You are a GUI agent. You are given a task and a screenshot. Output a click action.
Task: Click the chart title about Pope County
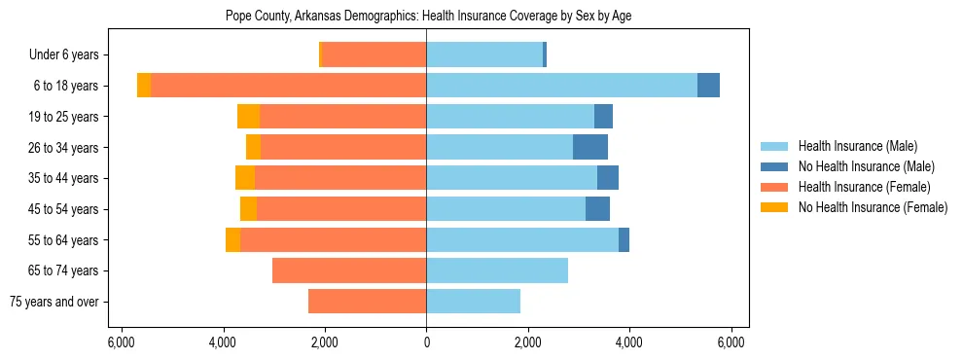pyautogui.click(x=429, y=17)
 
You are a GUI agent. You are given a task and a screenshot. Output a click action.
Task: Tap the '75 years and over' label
pyautogui.click(x=53, y=302)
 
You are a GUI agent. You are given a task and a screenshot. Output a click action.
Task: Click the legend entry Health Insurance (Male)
pyautogui.click(x=851, y=147)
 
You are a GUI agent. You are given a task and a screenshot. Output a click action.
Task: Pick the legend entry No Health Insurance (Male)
pyautogui.click(x=859, y=167)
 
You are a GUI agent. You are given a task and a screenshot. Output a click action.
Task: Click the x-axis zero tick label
pyautogui.click(x=426, y=342)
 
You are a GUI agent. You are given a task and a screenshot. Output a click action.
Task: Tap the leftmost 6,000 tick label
pyautogui.click(x=121, y=342)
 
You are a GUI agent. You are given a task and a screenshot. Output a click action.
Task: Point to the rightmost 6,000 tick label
pyautogui.click(x=731, y=342)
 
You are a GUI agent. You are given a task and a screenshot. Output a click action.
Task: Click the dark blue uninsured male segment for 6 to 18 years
pyautogui.click(x=708, y=86)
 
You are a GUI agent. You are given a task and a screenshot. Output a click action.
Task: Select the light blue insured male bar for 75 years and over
pyautogui.click(x=473, y=302)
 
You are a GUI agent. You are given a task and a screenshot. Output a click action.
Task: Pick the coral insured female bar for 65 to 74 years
pyautogui.click(x=349, y=270)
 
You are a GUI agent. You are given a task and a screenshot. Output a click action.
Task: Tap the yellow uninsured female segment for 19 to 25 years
pyautogui.click(x=248, y=117)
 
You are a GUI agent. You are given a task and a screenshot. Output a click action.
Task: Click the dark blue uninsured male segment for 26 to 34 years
pyautogui.click(x=590, y=148)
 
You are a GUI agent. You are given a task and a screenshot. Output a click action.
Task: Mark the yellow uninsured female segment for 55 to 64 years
pyautogui.click(x=232, y=240)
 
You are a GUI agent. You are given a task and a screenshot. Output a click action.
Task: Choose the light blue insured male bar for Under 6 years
pyautogui.click(x=484, y=55)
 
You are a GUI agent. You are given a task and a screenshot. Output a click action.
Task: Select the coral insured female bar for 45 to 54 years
pyautogui.click(x=341, y=209)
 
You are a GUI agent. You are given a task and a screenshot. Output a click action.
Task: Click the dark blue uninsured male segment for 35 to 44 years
pyautogui.click(x=608, y=178)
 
